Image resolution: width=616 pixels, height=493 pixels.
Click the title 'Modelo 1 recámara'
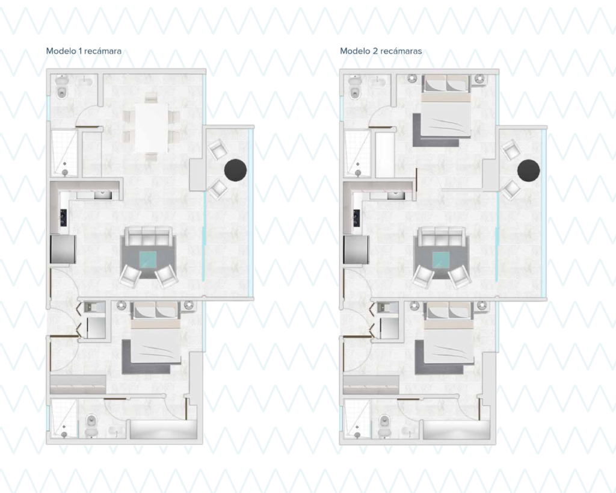pyautogui.click(x=84, y=51)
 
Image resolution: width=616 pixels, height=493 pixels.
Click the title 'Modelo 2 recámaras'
pyautogui.click(x=381, y=51)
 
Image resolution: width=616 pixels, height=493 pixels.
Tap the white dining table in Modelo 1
pyautogui.click(x=152, y=128)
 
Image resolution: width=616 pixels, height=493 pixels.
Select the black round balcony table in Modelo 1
pyautogui.click(x=236, y=170)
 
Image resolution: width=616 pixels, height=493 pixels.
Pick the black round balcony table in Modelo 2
pyautogui.click(x=529, y=170)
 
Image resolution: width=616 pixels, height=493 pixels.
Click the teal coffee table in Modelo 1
pyautogui.click(x=148, y=260)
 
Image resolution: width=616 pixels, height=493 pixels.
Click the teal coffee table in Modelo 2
pyautogui.click(x=441, y=260)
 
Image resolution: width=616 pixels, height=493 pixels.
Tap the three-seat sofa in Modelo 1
pyautogui.click(x=148, y=237)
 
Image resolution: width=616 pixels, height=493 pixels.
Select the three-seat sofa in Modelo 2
pyautogui.click(x=441, y=237)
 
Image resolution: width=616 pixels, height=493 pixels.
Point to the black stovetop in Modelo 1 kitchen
pyautogui.click(x=63, y=218)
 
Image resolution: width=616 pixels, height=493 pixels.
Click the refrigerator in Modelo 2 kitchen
pyautogui.click(x=356, y=249)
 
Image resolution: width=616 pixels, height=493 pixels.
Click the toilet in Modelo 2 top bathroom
pyautogui.click(x=355, y=88)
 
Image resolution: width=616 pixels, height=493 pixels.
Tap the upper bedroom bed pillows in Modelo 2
pyautogui.click(x=446, y=84)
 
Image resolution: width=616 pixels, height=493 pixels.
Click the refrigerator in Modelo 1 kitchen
pyautogui.click(x=63, y=249)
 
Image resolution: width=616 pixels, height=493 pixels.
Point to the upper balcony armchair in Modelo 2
pyautogui.click(x=510, y=149)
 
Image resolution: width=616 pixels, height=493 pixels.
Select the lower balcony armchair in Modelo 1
pyautogui.click(x=218, y=189)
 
